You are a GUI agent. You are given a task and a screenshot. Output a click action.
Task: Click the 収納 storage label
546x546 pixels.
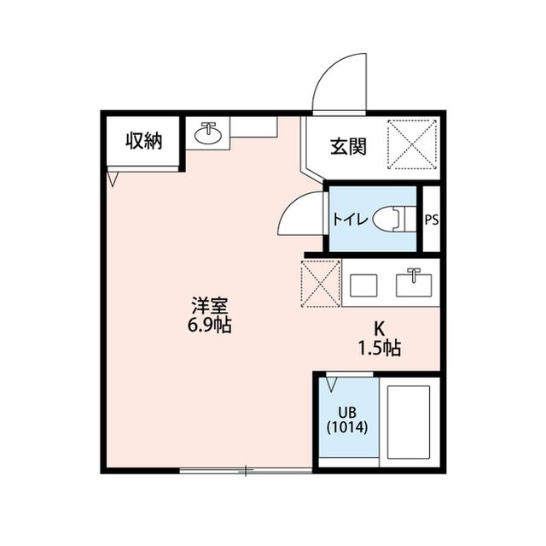pos(143,142)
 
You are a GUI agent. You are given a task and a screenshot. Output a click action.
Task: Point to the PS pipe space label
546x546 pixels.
pos(432,220)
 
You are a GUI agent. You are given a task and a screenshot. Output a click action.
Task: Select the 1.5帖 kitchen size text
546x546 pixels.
pos(379,348)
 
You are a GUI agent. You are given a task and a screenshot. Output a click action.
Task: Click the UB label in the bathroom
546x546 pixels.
pos(347,412)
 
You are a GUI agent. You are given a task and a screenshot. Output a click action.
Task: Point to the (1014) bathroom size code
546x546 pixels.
pos(347,428)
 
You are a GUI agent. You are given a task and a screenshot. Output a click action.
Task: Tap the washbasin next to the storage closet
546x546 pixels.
pos(207,134)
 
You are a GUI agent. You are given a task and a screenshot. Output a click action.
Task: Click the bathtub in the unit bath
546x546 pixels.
pos(407,420)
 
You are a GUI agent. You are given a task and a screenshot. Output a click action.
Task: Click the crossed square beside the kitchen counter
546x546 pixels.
pos(322,281)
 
